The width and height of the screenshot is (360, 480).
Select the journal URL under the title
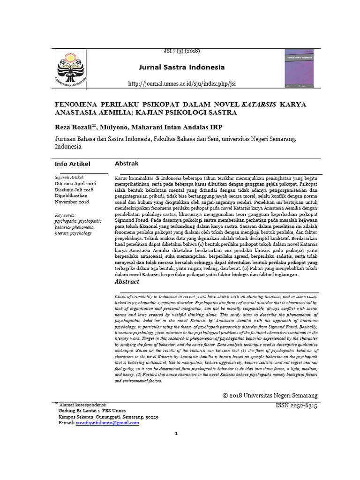pyautogui.click(x=182, y=83)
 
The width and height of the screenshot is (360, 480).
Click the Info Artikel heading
pyautogui.click(x=73, y=164)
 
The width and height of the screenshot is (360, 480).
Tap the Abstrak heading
pyautogui.click(x=127, y=163)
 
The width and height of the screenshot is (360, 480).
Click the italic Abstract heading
pyautogui.click(x=127, y=282)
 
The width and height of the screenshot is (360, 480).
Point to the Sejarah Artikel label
pyautogui.click(x=69, y=178)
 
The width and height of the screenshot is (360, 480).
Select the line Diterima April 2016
pyautogui.click(x=75, y=184)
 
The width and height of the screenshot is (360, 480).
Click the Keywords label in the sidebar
pyautogui.click(x=68, y=215)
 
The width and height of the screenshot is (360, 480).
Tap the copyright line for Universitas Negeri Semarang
pyautogui.click(x=270, y=396)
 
